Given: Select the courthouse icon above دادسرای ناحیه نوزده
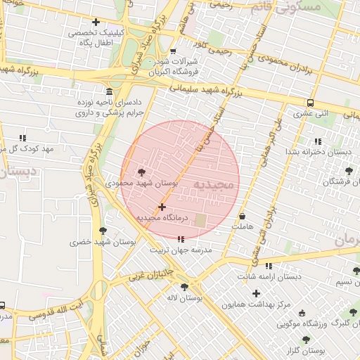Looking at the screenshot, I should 108,92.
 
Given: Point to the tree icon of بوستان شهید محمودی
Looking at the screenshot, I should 143,172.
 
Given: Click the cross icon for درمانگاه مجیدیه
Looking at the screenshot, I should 162,207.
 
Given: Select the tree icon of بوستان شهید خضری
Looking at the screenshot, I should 103,231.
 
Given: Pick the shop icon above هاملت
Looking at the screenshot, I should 243,217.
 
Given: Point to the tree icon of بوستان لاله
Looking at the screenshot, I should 184,287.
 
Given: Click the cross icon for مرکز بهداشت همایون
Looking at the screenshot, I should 256,293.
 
